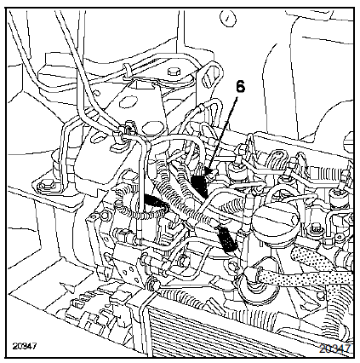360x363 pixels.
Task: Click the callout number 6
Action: coord(240,87)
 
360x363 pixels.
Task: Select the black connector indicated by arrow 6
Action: coord(199,187)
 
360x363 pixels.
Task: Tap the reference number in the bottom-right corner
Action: coord(335,349)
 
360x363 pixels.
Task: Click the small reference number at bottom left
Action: coord(25,346)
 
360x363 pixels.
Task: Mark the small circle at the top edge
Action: coord(228,18)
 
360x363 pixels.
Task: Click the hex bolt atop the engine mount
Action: coord(174,72)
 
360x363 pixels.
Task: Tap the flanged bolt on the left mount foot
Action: coord(47,187)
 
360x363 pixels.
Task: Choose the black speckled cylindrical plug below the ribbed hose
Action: coord(228,239)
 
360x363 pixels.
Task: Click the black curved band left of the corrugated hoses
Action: coord(155,201)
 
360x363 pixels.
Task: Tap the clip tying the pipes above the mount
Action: coord(127,71)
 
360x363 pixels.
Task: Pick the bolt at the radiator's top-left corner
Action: coord(153,283)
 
